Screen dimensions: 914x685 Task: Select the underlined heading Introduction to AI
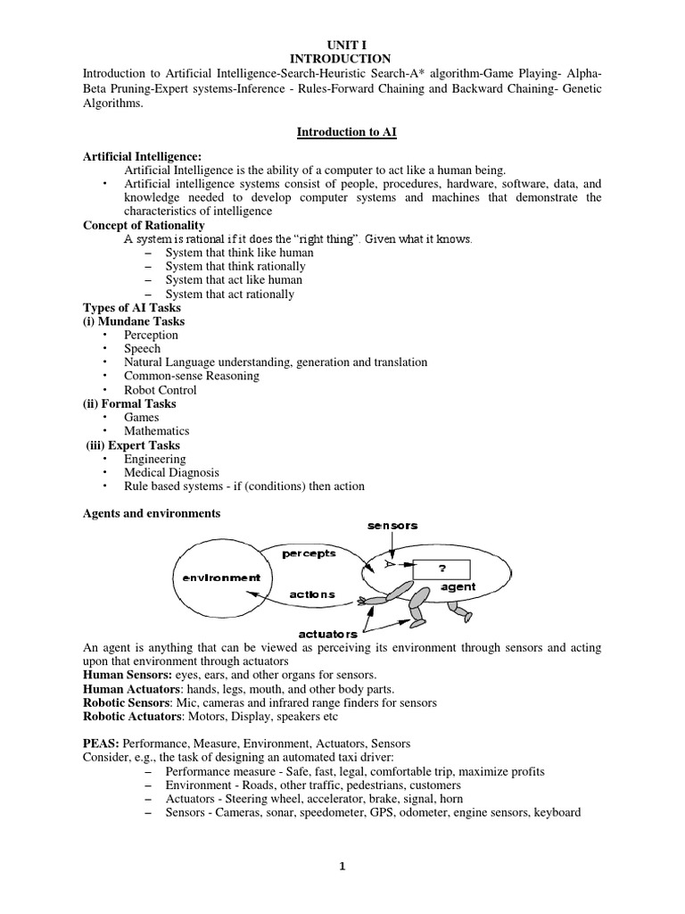[346, 132]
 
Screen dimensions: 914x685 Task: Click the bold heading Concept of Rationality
[144, 226]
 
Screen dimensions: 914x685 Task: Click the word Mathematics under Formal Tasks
[157, 431]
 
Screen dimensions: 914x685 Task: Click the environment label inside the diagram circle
[222, 577]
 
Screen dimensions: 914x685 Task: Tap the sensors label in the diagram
[392, 527]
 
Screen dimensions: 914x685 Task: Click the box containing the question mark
[442, 566]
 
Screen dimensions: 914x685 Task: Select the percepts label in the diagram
[309, 553]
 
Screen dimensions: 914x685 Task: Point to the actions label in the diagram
[312, 594]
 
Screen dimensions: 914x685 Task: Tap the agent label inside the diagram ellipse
[458, 586]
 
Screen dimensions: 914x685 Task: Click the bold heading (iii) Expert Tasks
[133, 445]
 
